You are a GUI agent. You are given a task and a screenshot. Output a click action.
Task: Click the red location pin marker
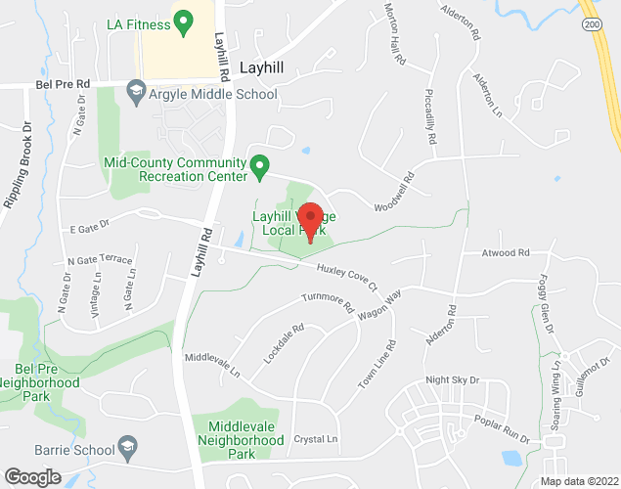click(310, 220)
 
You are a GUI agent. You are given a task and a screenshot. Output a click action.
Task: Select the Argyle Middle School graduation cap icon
click(136, 94)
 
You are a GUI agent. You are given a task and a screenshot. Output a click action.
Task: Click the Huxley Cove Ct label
click(346, 276)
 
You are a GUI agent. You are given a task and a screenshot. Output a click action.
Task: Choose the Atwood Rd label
click(505, 252)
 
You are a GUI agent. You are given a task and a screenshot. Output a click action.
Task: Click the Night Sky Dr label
click(453, 379)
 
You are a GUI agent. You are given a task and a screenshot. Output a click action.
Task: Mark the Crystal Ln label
click(315, 439)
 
